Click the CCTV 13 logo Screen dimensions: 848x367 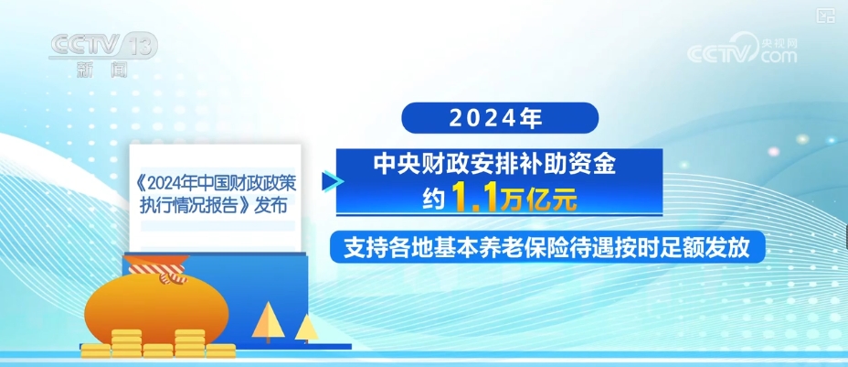click(103, 47)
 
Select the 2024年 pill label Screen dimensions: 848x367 click(500, 118)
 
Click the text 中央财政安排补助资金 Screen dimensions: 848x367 click(496, 166)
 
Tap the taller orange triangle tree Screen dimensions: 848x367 click(267, 321)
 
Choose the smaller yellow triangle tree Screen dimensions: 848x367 click(307, 329)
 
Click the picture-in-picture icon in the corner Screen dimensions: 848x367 click(825, 16)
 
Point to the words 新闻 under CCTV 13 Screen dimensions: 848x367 click(101, 70)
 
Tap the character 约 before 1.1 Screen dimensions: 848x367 click(435, 200)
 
